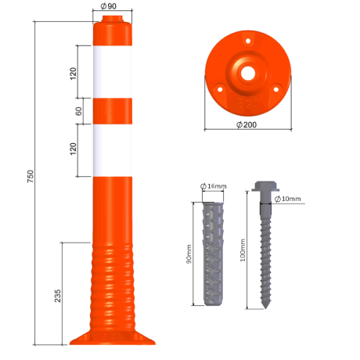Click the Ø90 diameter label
coord(109,6)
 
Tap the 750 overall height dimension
coord(31,176)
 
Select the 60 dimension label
coord(78,111)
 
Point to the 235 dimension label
coord(57,296)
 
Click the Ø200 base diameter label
coord(247,124)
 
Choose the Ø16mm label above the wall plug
coord(214,186)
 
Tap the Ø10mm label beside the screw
coord(288,199)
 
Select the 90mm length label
coord(189,254)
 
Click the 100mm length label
coord(243,250)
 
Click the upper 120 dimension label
coord(73,74)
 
